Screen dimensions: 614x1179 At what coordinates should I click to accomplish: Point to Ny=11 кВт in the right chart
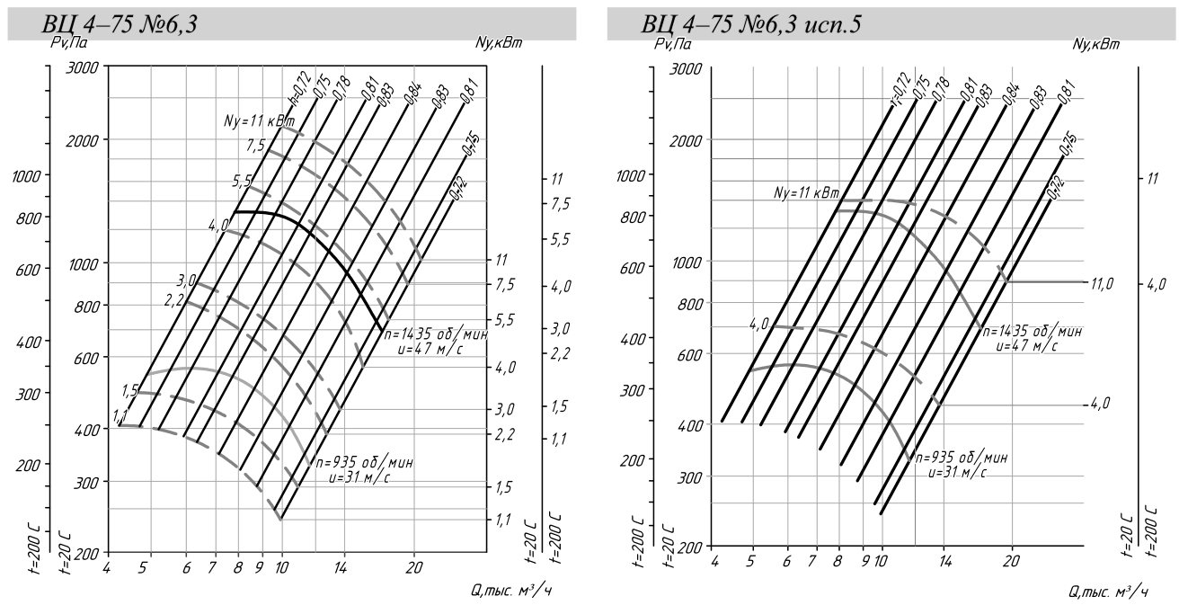[x=806, y=193]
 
